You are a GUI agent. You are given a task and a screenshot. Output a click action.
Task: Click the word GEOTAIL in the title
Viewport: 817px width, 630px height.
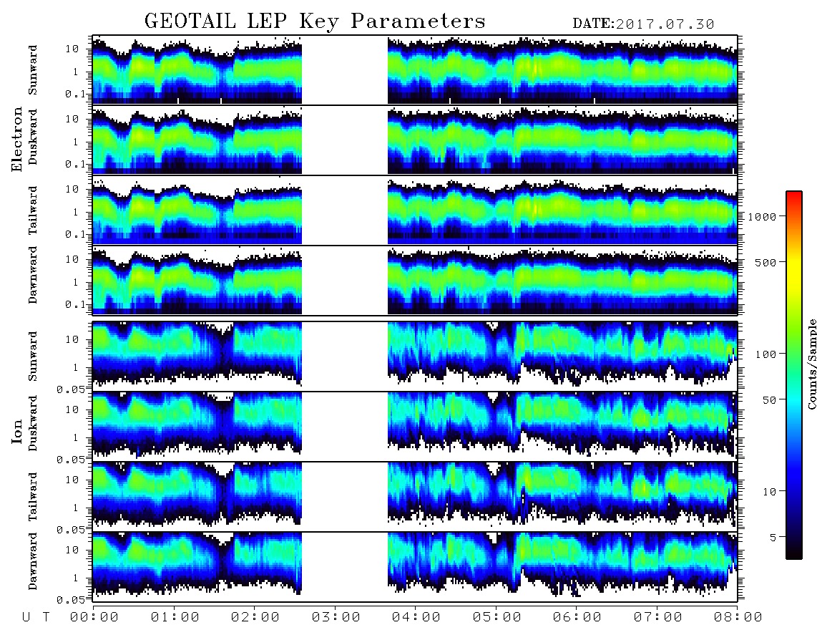[x=191, y=21]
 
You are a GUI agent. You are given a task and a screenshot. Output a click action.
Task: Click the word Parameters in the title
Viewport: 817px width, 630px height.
[x=418, y=21]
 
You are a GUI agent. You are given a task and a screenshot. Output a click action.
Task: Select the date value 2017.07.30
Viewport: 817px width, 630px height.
[x=665, y=24]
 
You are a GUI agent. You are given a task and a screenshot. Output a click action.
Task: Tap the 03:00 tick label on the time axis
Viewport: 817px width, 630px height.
[x=336, y=618]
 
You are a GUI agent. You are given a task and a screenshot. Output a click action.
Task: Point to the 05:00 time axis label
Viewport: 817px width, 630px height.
[x=496, y=618]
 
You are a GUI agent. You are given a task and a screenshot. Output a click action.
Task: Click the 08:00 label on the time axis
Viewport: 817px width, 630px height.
[x=738, y=618]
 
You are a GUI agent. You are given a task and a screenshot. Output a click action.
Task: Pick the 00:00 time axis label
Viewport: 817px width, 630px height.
[x=94, y=618]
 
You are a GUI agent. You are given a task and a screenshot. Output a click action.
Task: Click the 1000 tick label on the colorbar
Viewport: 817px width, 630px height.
[x=763, y=216]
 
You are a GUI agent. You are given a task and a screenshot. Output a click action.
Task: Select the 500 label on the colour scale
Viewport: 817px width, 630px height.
[x=765, y=262]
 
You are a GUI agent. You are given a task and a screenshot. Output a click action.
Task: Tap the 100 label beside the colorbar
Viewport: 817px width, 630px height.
[x=765, y=354]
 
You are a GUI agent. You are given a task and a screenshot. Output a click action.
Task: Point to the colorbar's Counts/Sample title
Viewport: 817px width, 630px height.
[x=811, y=364]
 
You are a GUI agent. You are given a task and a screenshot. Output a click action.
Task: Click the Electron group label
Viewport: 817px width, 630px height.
[x=17, y=140]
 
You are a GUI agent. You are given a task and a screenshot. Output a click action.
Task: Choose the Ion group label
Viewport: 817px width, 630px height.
[x=17, y=432]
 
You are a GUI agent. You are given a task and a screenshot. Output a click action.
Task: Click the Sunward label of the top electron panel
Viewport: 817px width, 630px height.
[x=33, y=70]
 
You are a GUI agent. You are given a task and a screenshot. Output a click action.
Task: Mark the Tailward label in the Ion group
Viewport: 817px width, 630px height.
[x=33, y=497]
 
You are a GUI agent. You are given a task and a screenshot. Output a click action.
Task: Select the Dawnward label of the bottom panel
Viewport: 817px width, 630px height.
[x=33, y=561]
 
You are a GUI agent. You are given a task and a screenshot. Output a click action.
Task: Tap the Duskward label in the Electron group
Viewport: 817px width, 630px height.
[x=33, y=137]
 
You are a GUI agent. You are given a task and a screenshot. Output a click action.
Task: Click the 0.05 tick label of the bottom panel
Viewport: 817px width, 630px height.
[x=74, y=600]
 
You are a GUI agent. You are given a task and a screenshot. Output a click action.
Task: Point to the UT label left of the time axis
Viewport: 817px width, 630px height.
[x=36, y=618]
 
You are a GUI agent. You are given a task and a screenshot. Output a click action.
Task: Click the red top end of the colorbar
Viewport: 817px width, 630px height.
[x=794, y=193]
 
